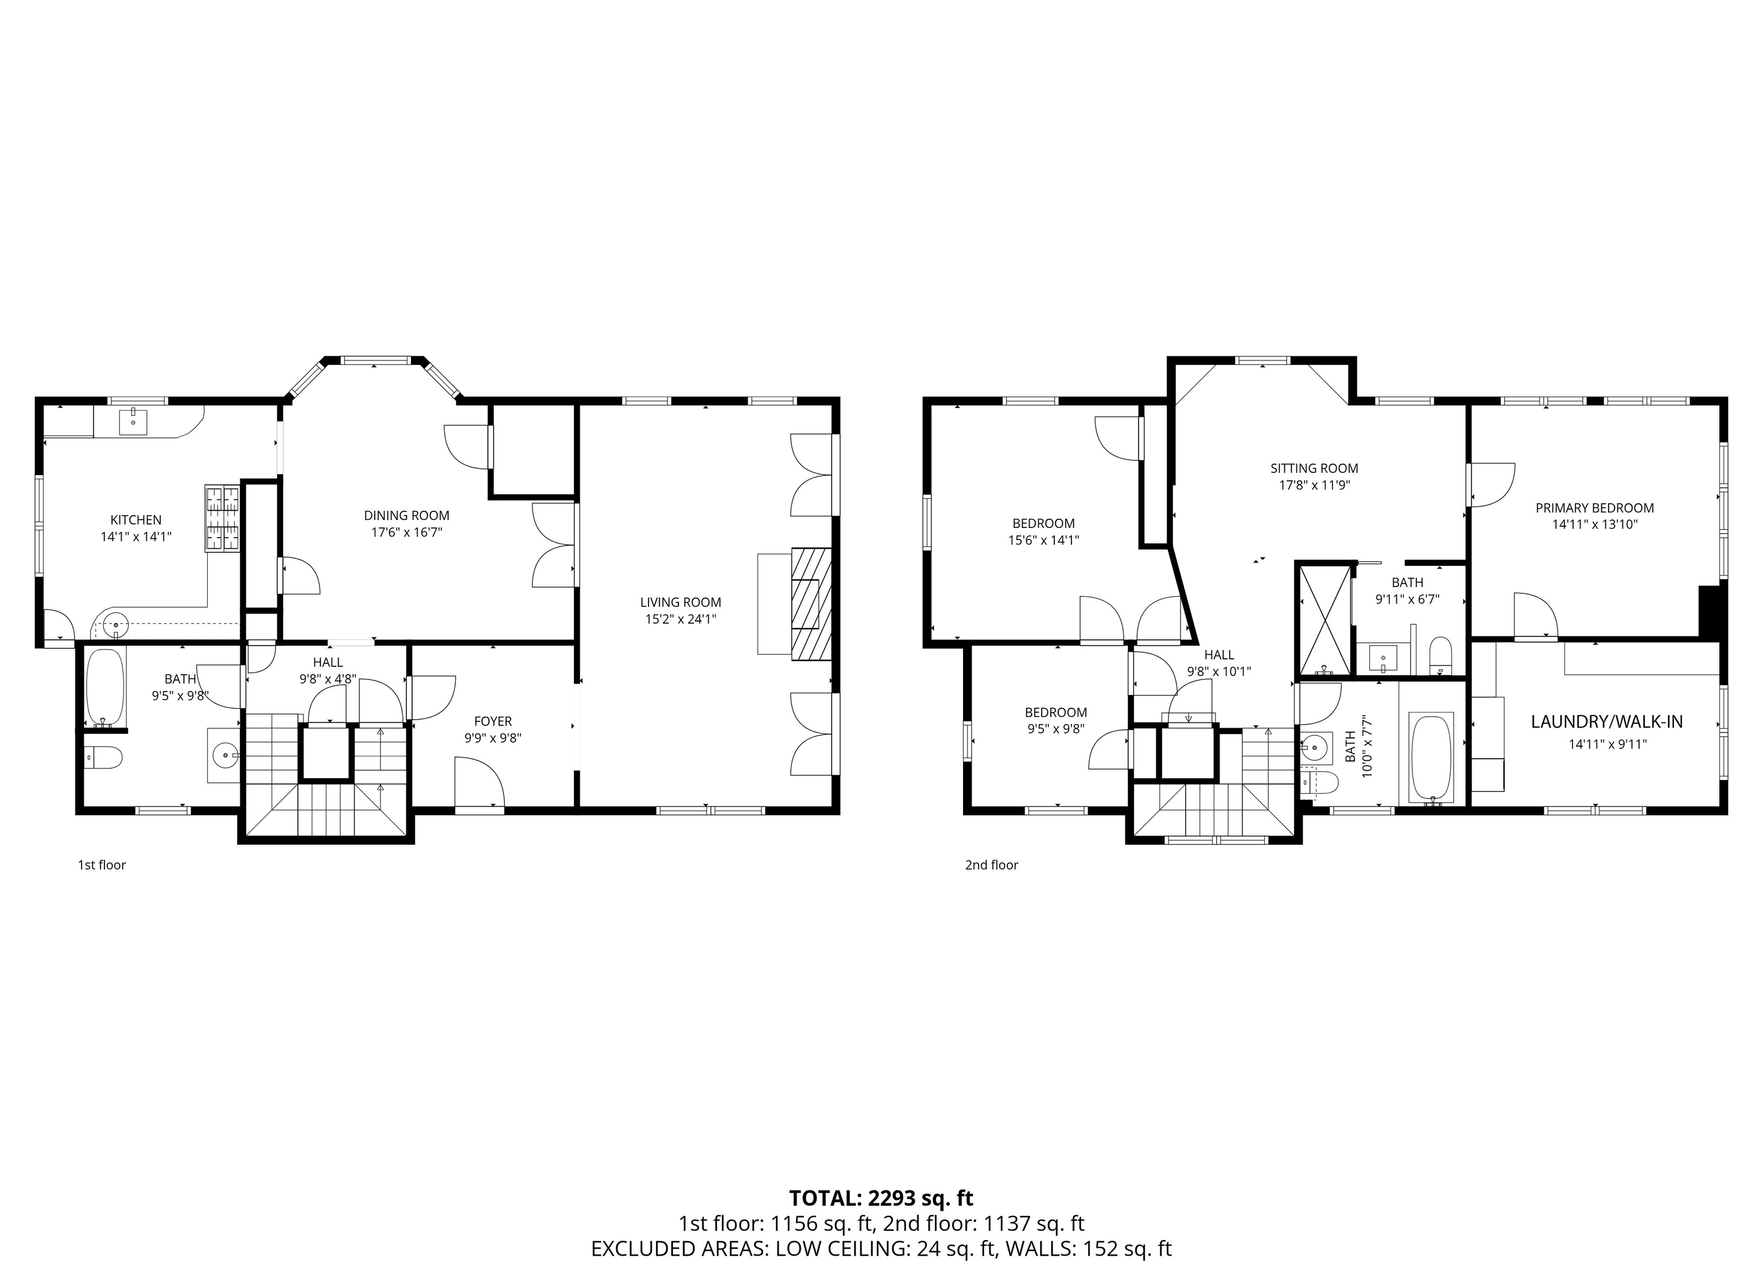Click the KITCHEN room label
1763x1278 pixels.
(136, 520)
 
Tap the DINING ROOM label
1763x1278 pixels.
(406, 515)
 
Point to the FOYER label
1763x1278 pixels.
(493, 721)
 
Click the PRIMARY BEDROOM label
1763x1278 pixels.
(1594, 508)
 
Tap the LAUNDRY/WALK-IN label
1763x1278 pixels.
(1607, 721)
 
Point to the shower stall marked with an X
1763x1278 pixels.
(1325, 620)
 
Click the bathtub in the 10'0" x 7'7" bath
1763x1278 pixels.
(1431, 759)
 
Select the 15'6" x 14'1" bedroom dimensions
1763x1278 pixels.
(1044, 540)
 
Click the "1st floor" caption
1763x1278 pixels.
(102, 864)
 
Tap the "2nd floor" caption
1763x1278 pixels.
(992, 864)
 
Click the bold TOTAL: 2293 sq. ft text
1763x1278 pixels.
(881, 1198)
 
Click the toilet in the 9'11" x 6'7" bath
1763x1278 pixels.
(1440, 655)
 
